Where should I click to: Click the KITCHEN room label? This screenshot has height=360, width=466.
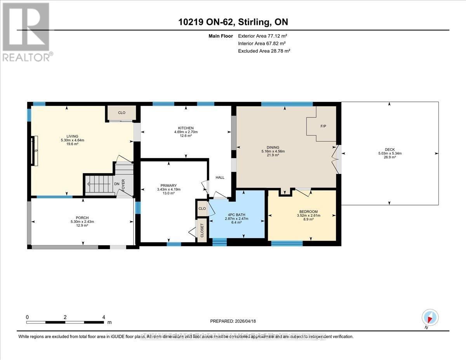click(186, 128)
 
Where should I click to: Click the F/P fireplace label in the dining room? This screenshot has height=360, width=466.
click(323, 126)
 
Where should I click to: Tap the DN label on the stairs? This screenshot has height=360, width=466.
click(117, 184)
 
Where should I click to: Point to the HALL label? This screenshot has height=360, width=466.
click(220, 177)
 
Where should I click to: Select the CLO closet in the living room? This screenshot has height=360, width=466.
click(122, 113)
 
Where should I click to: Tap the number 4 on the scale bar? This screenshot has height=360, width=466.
click(103, 317)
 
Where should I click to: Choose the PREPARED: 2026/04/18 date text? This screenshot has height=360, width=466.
click(233, 321)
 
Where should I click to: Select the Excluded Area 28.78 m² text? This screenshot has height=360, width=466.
click(264, 50)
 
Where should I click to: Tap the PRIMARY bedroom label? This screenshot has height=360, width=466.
click(169, 185)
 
